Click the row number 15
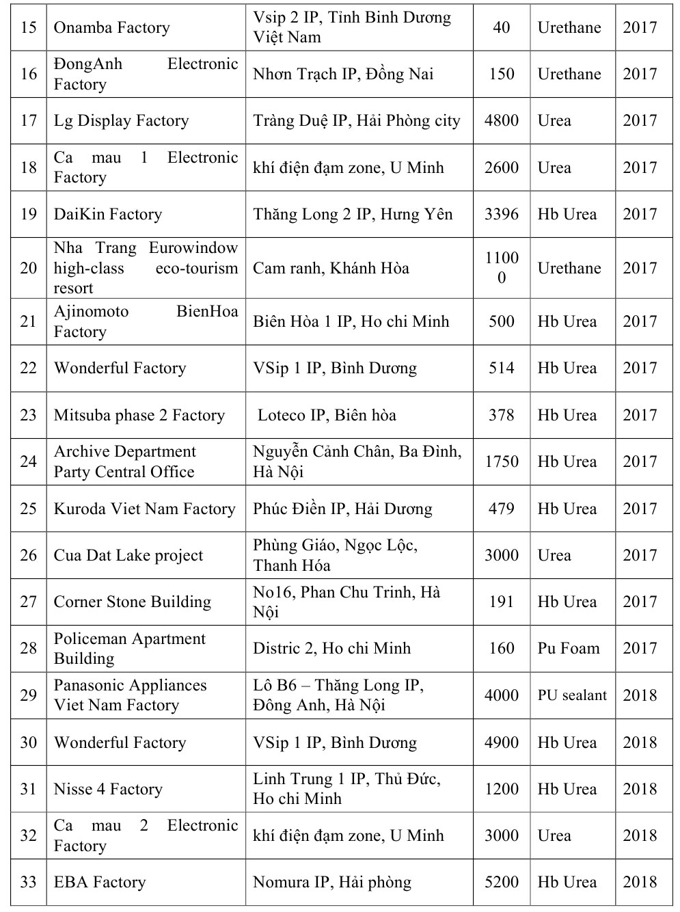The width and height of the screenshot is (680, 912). coord(29,27)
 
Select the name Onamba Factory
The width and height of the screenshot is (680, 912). coord(111,27)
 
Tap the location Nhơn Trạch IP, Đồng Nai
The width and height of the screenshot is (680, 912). coord(342,74)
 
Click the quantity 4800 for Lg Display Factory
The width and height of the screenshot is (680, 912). coord(501,121)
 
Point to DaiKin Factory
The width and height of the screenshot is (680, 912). coord(108,214)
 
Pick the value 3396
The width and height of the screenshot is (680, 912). coord(501,214)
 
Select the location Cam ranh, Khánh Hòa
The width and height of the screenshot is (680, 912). coord(331,268)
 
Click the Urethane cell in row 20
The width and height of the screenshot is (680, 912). coord(569,268)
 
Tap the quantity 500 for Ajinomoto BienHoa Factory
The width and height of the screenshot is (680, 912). coord(501,321)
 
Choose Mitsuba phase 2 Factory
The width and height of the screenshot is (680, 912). coord(139,415)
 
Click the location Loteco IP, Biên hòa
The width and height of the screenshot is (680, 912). coord(327,415)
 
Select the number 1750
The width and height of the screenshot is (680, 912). coord(501,461)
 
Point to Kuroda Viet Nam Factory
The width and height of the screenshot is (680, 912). coord(144,509)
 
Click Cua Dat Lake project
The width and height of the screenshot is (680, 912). coord(128,555)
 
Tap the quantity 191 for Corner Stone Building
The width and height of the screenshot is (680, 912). coord(501,602)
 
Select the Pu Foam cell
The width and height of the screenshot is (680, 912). coord(568,648)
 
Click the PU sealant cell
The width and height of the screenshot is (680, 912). coord(572,695)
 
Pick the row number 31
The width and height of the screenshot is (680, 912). coord(29,789)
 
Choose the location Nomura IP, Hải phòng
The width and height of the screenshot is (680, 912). coord(332,882)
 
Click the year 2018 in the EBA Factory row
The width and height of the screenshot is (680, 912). coord(639,882)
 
